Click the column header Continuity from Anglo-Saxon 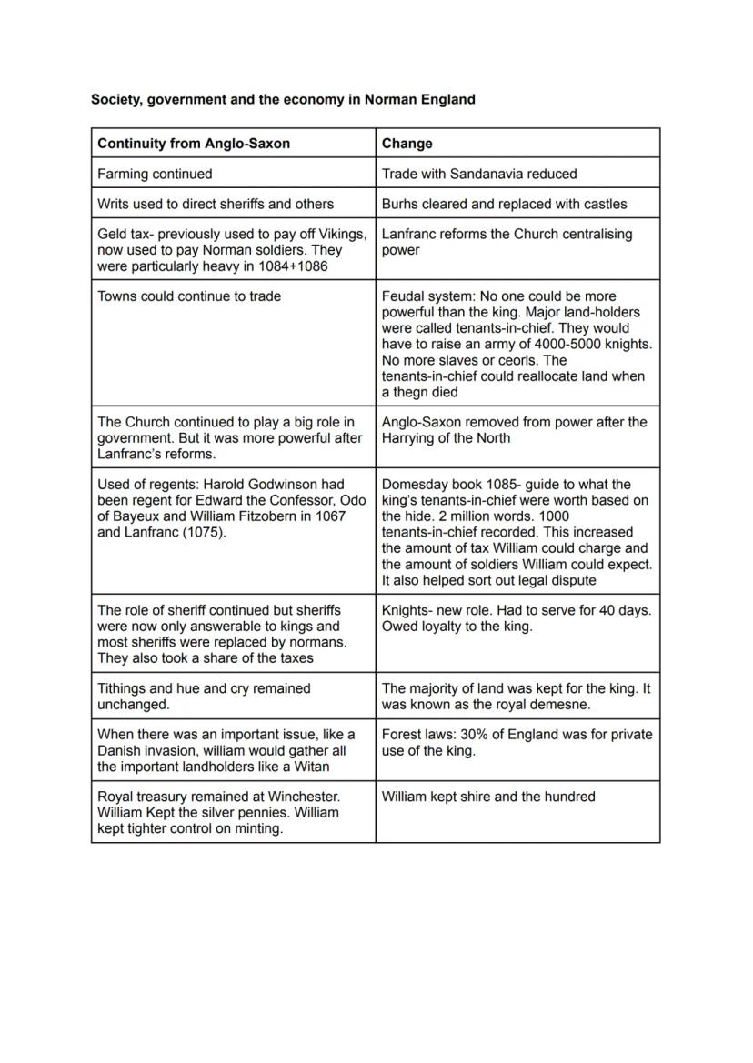194,144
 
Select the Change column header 407,144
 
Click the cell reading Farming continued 155,174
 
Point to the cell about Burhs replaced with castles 504,204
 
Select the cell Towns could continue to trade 189,296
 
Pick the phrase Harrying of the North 447,438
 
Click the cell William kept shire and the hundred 488,797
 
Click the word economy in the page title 316,99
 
